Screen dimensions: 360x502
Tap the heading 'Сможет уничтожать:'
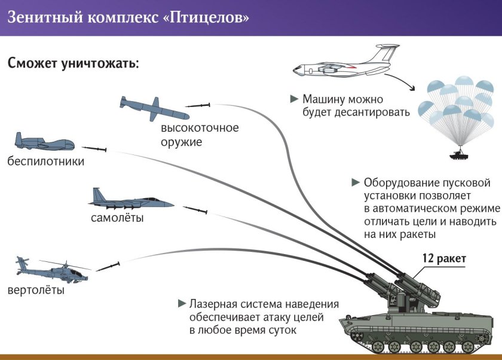point(73,63)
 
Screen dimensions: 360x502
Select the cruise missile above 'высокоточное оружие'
point(154,108)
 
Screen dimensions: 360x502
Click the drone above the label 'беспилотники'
point(44,142)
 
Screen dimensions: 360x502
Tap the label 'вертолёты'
point(36,291)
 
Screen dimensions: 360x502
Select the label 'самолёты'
point(117,218)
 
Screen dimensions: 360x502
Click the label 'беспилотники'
point(46,161)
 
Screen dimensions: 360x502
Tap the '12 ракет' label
point(443,258)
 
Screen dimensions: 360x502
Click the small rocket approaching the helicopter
point(108,265)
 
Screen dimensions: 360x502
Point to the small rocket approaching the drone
point(94,149)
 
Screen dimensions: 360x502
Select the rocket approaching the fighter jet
point(195,210)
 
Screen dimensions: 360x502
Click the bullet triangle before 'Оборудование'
point(356,181)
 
